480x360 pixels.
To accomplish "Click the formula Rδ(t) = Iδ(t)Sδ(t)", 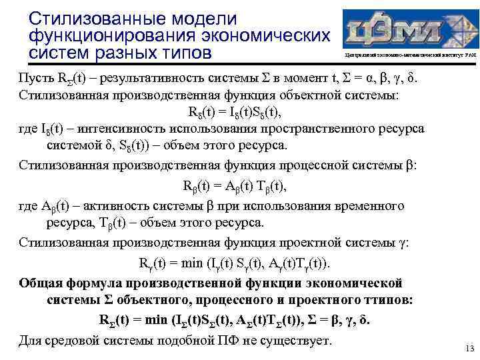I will (x=240, y=113).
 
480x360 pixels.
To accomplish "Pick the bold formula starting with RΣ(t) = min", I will (x=233, y=319).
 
